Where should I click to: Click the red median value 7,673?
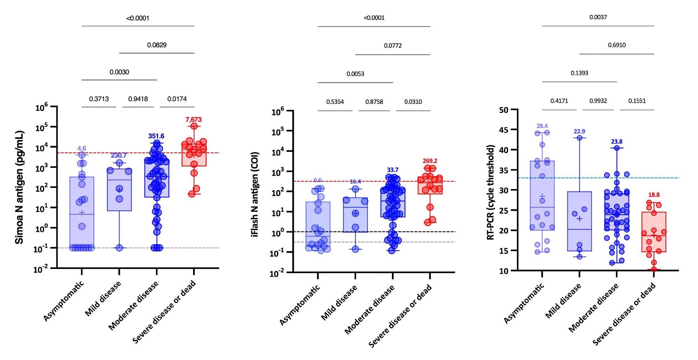pyautogui.click(x=193, y=120)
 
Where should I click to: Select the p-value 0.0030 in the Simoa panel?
pyautogui.click(x=119, y=72)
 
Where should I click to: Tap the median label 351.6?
pyautogui.click(x=156, y=136)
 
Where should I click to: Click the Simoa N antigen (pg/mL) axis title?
pyautogui.click(x=20, y=187)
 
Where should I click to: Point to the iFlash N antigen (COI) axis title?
pyautogui.click(x=255, y=194)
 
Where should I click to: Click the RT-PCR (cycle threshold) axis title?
pyautogui.click(x=491, y=192)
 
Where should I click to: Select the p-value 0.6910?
pyautogui.click(x=617, y=45)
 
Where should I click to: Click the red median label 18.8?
pyautogui.click(x=654, y=195)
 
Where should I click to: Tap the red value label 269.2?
pyautogui.click(x=430, y=161)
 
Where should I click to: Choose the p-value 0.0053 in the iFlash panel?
pyautogui.click(x=355, y=74)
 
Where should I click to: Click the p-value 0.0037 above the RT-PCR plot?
pyautogui.click(x=598, y=17)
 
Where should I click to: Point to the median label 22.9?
pyautogui.click(x=579, y=132)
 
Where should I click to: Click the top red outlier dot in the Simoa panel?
pyautogui.click(x=194, y=126)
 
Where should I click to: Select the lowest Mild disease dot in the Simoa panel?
pyautogui.click(x=119, y=248)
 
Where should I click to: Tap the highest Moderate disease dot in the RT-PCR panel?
pyautogui.click(x=617, y=148)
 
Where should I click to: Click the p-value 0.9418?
pyautogui.click(x=138, y=99)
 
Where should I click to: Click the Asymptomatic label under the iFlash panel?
pyautogui.click(x=299, y=305)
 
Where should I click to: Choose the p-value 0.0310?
pyautogui.click(x=413, y=102)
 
